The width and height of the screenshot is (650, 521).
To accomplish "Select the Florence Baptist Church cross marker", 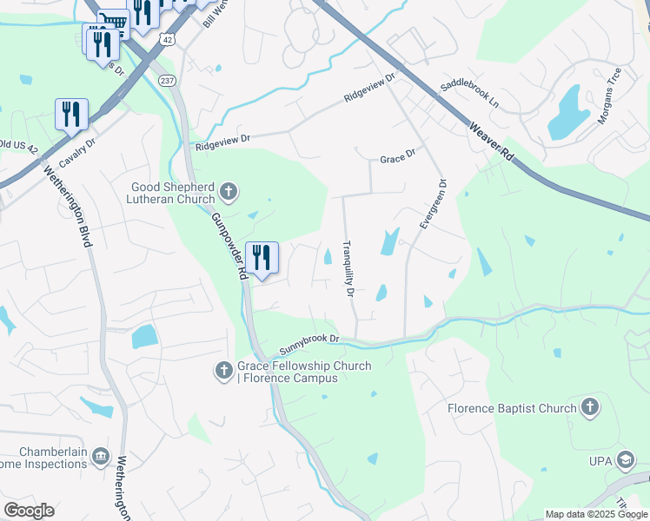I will coord(590,407).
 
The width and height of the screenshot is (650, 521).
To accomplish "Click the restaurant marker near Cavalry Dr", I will coord(71,114).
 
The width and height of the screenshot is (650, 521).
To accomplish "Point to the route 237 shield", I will coord(167,80).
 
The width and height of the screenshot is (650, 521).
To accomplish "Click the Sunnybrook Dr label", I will coord(308,344).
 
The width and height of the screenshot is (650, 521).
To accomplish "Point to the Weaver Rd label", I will coord(494,142).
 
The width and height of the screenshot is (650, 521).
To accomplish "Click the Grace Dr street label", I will coord(398,160).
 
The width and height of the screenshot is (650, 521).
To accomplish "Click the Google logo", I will coord(29,511).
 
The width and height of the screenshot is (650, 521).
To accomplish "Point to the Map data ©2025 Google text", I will coord(595,514).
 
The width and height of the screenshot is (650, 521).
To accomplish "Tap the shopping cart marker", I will coord(113,21).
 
